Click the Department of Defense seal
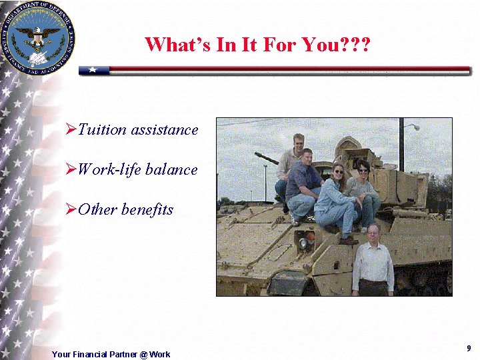pyautogui.click(x=38, y=37)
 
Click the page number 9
pyautogui.click(x=469, y=349)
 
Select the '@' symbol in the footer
pyautogui.click(x=143, y=354)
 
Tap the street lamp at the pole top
pyautogui.click(x=413, y=126)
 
